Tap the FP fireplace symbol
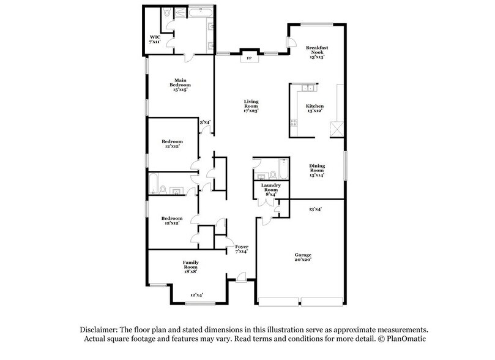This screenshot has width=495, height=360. [248, 59]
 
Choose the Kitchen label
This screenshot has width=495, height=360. [314, 109]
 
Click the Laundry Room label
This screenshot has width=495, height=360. [270, 189]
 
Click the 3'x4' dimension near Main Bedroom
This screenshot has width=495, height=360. [205, 122]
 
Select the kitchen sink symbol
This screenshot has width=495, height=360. [306, 89]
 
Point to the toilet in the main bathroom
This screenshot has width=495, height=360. [168, 12]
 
